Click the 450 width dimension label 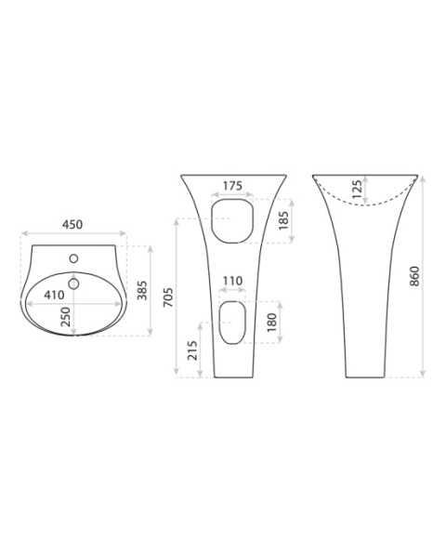(x=72, y=225)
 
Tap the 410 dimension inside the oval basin (x=54, y=295)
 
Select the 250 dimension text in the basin (x=66, y=317)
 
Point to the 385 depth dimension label (x=142, y=290)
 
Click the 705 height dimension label (x=168, y=297)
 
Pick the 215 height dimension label (x=193, y=350)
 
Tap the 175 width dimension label (x=232, y=186)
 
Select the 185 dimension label (x=283, y=221)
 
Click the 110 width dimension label (x=232, y=282)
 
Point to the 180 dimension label (x=271, y=323)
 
